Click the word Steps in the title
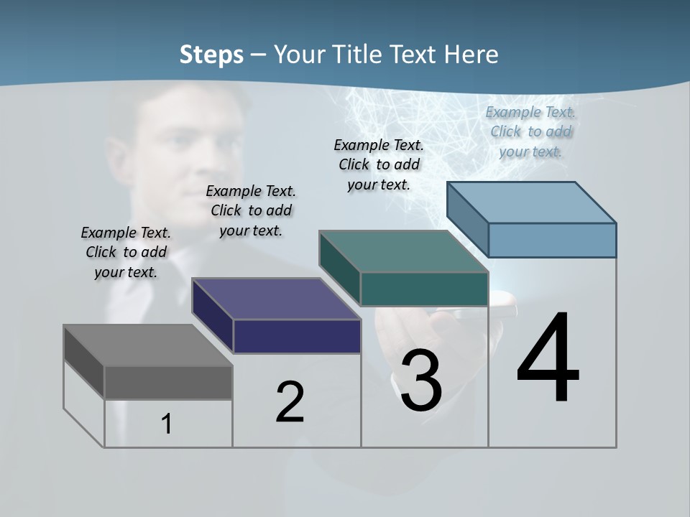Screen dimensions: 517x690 pos(211,55)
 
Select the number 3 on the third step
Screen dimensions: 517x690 pos(420,381)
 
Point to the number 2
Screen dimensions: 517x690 pos(290,402)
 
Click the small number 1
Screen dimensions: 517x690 pos(166,424)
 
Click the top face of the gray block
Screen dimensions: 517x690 pos(147,345)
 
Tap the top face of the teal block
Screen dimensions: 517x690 pos(403,251)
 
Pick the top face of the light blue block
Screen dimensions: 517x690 pos(531,202)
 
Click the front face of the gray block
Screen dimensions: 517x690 pos(168,383)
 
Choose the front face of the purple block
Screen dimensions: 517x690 pos(297,336)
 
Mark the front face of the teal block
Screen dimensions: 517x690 pos(424,289)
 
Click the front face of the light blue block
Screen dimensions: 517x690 pos(552,240)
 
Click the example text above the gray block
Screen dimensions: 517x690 pos(126,252)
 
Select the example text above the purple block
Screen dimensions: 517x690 pos(251,210)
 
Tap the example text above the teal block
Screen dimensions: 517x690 pos(379,164)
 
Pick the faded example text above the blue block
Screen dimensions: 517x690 pos(530,131)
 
